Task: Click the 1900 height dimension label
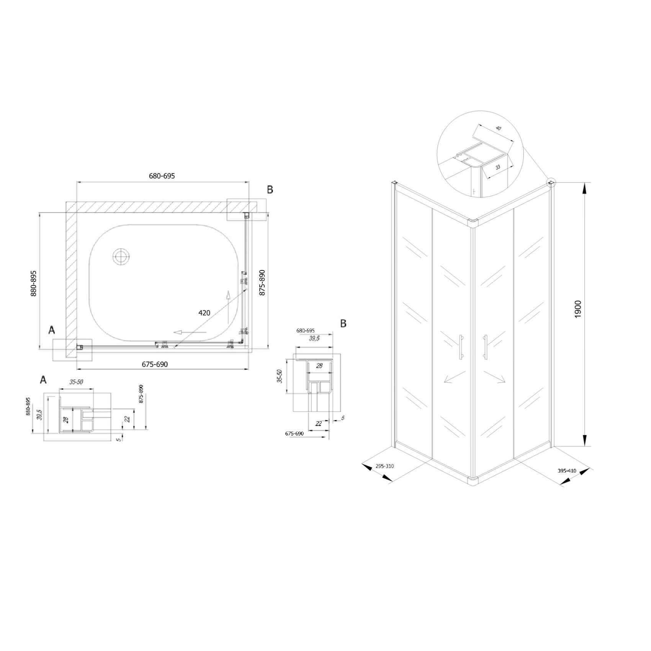tap(578, 309)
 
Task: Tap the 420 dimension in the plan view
tap(204, 313)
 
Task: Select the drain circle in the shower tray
tap(122, 256)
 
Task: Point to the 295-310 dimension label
tap(385, 466)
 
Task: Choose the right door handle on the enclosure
tap(486, 347)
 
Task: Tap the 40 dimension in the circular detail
tap(498, 128)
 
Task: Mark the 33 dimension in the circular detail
tap(498, 167)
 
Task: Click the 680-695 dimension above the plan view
tap(162, 176)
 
